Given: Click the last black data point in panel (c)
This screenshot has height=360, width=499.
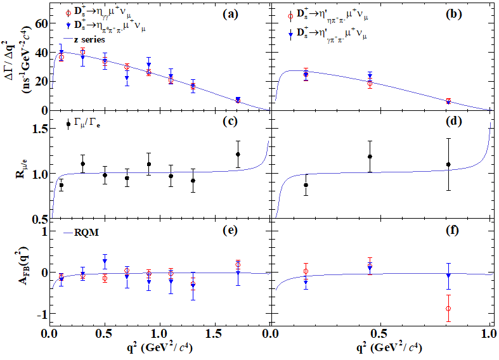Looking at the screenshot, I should (238, 154).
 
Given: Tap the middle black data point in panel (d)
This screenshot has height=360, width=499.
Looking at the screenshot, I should (370, 157).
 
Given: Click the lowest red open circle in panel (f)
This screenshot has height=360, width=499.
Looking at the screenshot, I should (448, 309).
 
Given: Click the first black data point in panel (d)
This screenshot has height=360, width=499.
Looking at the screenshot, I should (306, 185).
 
